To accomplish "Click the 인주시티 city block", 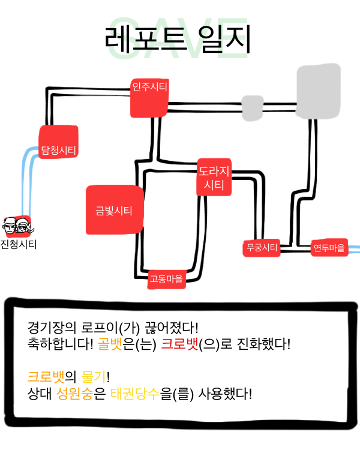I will [149, 97].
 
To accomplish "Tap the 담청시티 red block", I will [58, 142].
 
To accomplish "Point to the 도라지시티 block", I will [214, 178].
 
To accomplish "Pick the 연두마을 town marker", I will [329, 248].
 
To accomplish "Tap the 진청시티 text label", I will [18, 244].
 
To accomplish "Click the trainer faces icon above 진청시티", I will [17, 227].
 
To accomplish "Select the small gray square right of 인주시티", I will [252, 106].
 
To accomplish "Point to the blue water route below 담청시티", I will [28, 180].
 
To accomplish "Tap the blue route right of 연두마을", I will [354, 248].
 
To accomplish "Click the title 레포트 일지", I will [177, 40].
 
